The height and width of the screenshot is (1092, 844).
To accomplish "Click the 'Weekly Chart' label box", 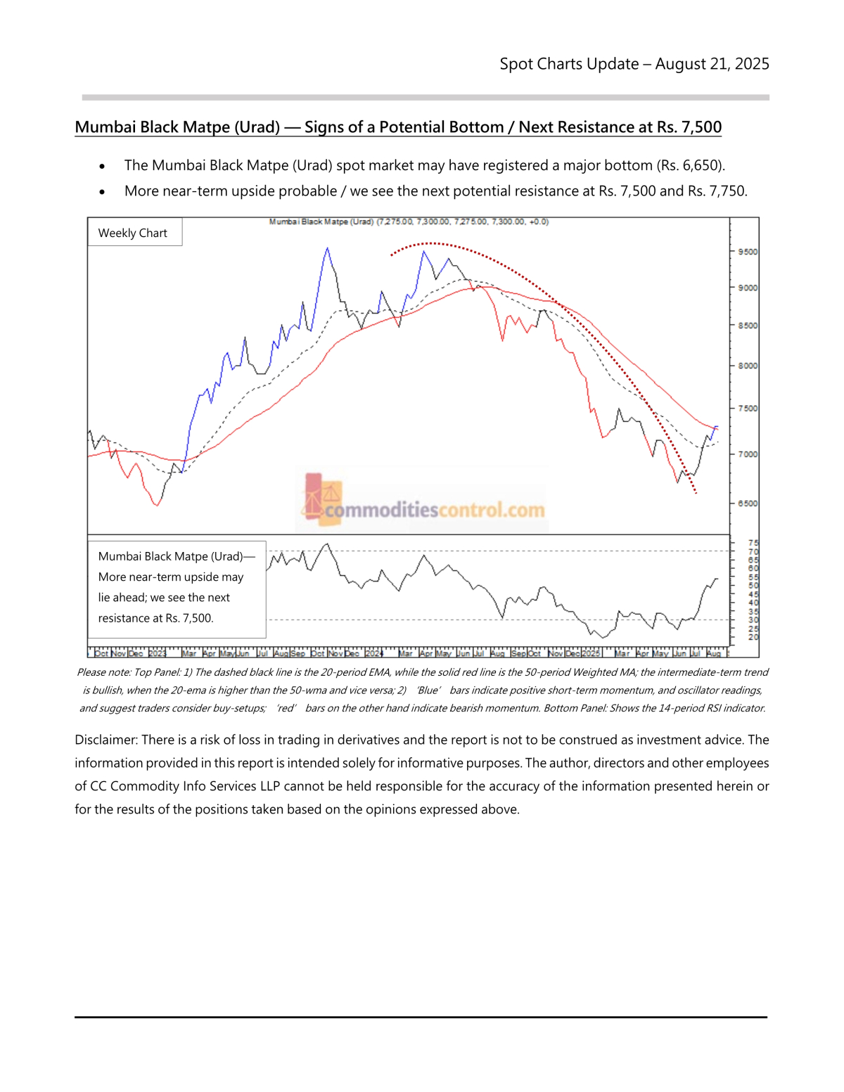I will [133, 233].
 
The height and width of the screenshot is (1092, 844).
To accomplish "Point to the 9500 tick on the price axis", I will [747, 252].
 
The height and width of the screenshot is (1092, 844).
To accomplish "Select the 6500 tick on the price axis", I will [747, 503].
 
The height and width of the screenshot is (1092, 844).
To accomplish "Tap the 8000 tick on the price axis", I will [747, 366].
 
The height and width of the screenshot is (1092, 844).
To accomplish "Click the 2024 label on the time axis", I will [374, 653].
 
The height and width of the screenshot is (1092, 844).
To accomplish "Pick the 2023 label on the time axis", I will [157, 653].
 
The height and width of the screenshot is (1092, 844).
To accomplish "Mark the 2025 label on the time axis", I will [591, 653].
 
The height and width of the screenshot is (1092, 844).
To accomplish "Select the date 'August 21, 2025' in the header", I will [712, 64].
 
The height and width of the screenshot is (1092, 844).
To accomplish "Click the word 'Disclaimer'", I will [105, 740].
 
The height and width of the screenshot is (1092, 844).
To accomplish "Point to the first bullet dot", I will [103, 167].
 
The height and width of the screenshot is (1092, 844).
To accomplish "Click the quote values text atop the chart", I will [462, 221].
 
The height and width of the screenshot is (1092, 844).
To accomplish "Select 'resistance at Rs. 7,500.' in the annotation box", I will [155, 618].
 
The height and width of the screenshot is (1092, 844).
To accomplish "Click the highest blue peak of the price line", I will [327, 248].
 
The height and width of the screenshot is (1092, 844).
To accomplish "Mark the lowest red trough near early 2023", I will [156, 505].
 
